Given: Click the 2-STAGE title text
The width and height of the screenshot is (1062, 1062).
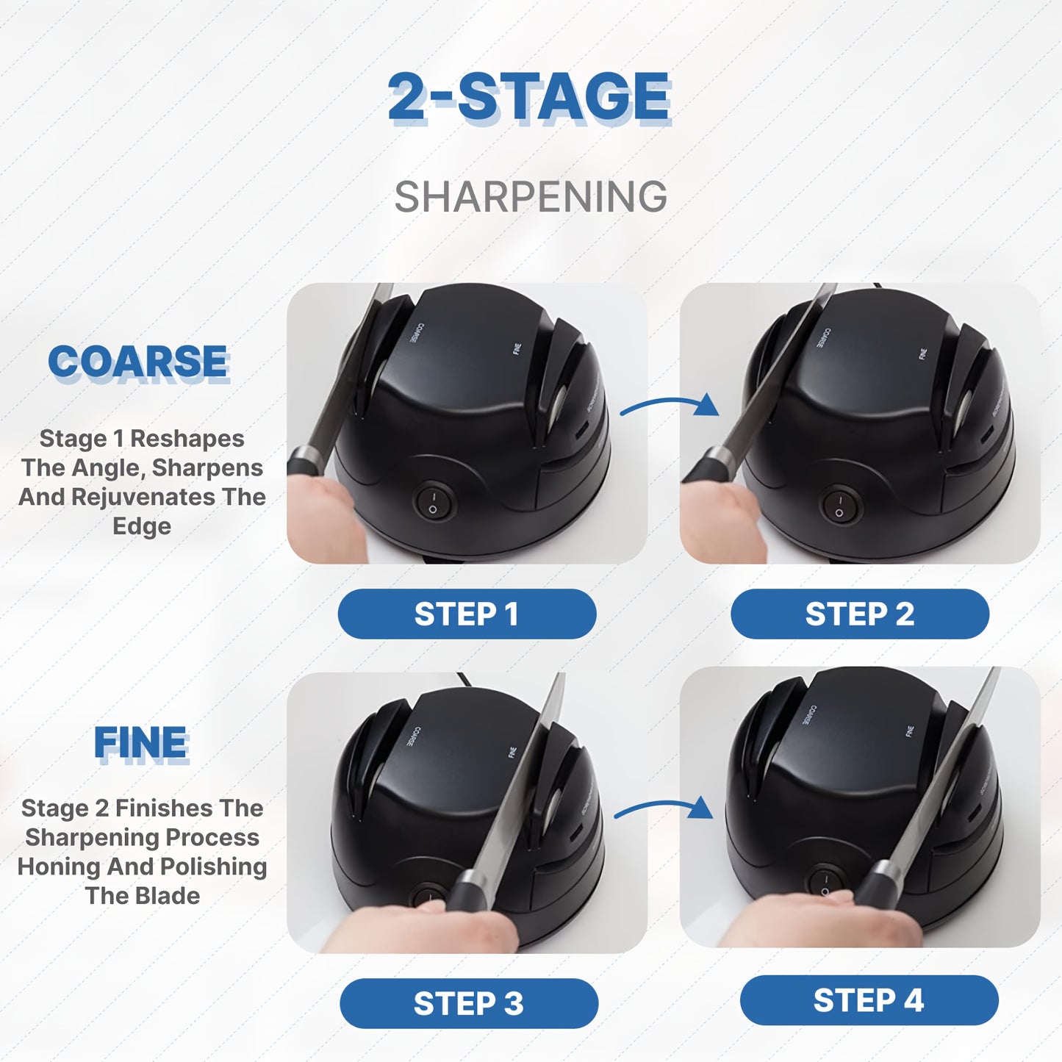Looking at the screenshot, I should (529, 97).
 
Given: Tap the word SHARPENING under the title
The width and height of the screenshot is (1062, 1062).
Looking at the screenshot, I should (531, 197).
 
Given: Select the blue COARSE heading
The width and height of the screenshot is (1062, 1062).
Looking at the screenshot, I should (138, 362).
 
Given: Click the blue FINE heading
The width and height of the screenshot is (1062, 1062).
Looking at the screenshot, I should (141, 742).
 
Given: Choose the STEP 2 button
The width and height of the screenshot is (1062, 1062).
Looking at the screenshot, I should (859, 614).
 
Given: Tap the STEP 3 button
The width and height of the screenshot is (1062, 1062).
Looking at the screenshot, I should (468, 1003).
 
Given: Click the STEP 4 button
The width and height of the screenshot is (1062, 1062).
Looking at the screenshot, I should (869, 1000).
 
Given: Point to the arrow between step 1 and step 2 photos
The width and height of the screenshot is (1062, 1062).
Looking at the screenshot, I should (669, 405).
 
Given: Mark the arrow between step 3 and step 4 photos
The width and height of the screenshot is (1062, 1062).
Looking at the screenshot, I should (664, 809).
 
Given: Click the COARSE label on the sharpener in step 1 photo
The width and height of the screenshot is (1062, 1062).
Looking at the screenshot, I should (416, 334).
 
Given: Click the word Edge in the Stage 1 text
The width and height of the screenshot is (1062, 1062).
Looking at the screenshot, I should (142, 526).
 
